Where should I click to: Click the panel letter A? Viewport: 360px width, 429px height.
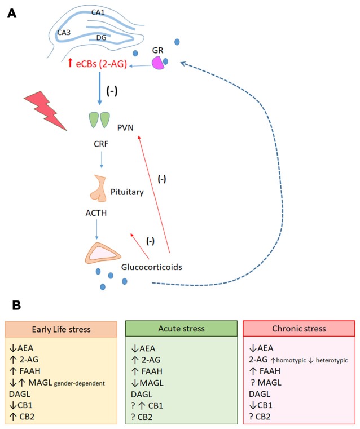tap(11, 13)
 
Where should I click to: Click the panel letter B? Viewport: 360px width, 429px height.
tap(17, 304)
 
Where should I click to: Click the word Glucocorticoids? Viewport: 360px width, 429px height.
tap(155, 267)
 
